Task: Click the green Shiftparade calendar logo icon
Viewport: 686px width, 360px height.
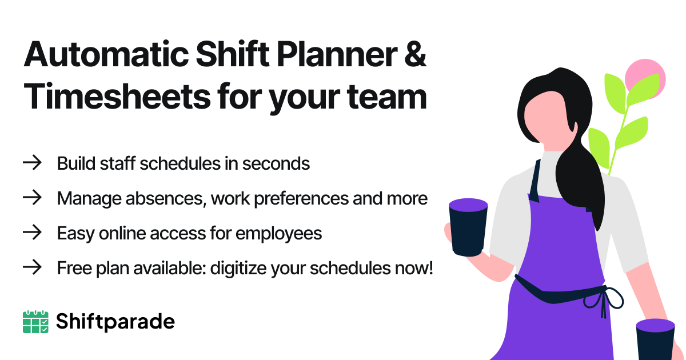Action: (x=35, y=322)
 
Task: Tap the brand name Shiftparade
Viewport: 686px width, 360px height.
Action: (x=115, y=322)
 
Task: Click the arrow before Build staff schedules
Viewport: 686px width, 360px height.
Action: (x=32, y=163)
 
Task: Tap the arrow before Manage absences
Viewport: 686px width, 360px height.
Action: (x=32, y=198)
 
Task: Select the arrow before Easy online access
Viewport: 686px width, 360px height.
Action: (x=32, y=233)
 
